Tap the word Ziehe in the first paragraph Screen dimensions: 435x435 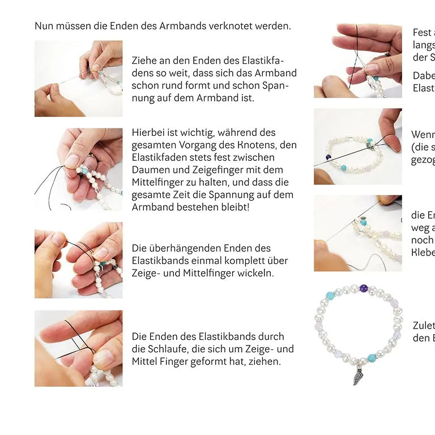point(144,60)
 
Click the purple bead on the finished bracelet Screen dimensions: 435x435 point(363,288)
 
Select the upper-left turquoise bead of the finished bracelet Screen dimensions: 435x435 point(330,296)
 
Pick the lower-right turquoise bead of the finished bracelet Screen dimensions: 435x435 point(372,358)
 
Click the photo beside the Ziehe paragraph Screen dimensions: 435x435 point(78,78)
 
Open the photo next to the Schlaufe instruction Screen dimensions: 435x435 point(78,348)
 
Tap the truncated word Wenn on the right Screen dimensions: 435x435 point(423,135)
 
